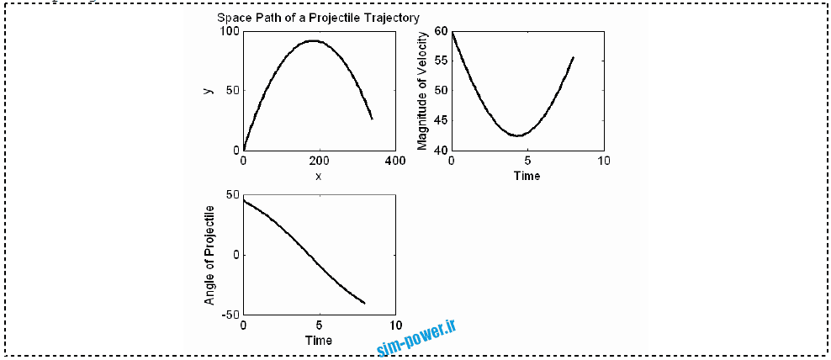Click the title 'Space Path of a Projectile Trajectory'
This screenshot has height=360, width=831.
point(318,18)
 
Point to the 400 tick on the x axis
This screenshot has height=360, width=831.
point(394,161)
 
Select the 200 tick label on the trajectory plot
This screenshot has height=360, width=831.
point(319,161)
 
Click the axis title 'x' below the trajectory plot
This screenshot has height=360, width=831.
point(318,176)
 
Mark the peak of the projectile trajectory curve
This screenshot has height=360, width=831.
point(313,40)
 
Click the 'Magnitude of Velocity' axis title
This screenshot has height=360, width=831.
point(422,90)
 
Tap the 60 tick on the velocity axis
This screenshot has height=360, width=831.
point(442,31)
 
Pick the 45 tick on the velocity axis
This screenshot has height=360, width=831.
point(442,120)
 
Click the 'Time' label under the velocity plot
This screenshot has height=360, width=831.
point(527,176)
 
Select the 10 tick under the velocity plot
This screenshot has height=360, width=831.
point(602,161)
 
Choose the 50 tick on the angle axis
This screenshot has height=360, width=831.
point(233,195)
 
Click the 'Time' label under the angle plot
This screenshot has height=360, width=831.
point(318,341)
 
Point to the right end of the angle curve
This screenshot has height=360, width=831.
point(364,303)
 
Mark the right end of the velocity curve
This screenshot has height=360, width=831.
point(573,57)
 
